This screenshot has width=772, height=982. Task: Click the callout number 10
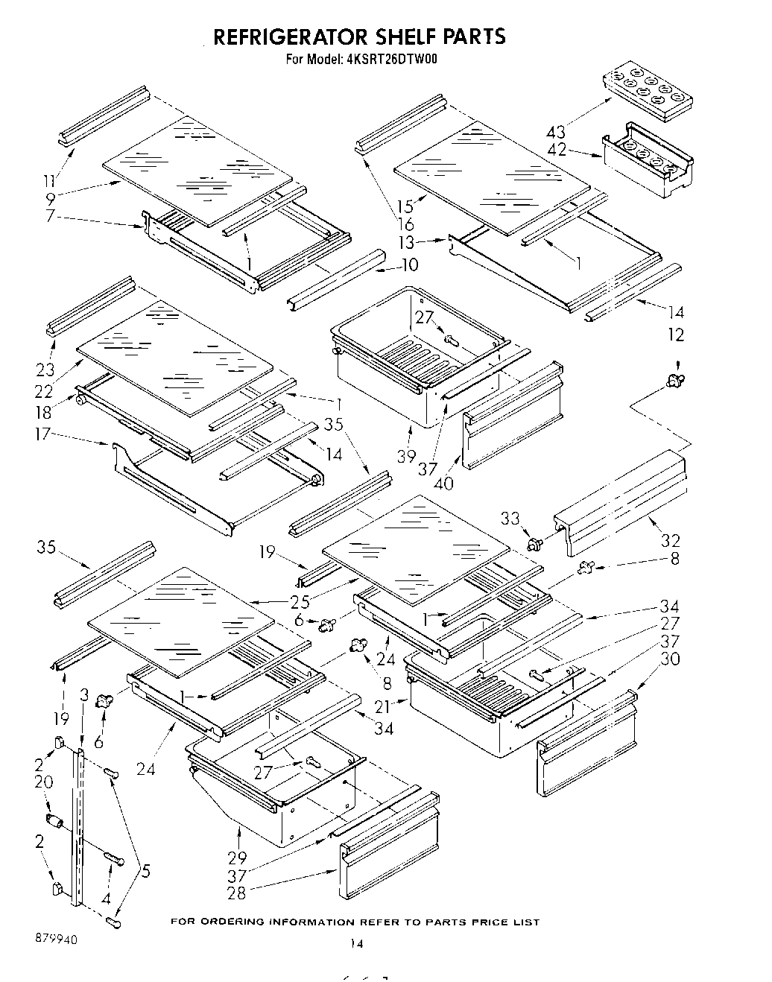tap(410, 264)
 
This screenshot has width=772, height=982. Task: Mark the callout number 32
tap(670, 540)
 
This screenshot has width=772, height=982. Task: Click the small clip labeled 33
tap(533, 544)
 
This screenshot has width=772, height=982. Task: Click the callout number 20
tap(43, 782)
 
